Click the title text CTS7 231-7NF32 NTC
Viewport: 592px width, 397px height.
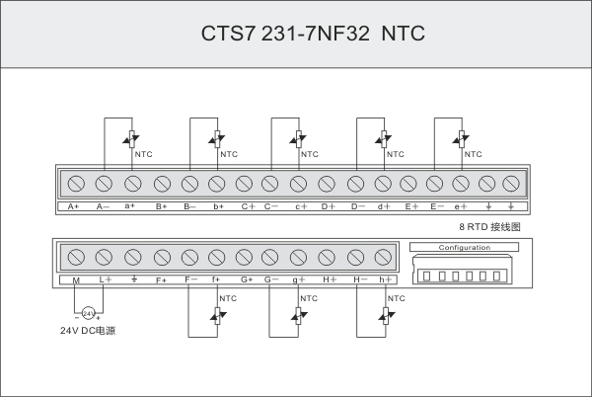(312, 34)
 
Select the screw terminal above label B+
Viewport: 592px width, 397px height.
(161, 184)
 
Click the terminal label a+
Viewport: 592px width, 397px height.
(129, 206)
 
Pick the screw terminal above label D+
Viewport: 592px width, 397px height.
(327, 184)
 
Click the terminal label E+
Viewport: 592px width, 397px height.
(411, 206)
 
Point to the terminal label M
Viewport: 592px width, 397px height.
(76, 280)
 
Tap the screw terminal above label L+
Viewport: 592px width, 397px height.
(103, 257)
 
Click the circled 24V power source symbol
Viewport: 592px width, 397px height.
(88, 313)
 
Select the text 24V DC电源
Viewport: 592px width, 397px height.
(88, 331)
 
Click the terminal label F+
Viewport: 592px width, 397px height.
(161, 280)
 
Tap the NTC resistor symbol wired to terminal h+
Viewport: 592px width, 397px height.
(385, 314)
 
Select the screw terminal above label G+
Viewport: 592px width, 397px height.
(245, 257)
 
